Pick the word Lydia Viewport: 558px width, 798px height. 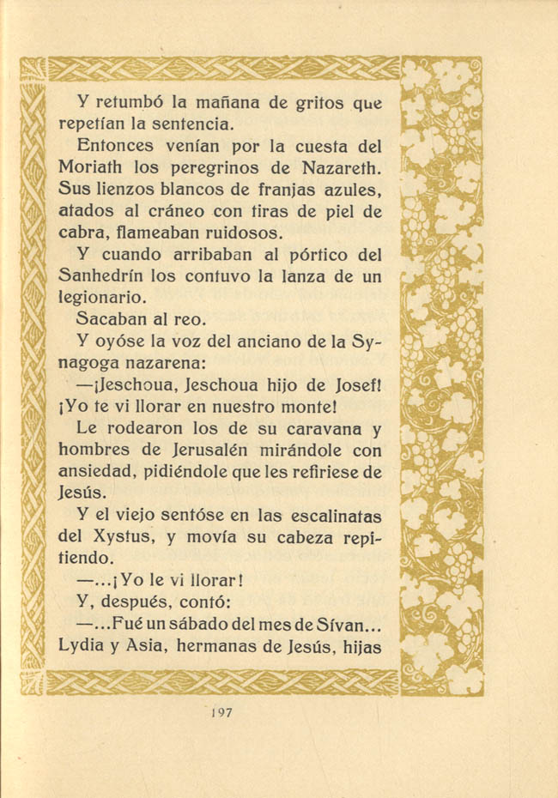[x=82, y=647]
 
